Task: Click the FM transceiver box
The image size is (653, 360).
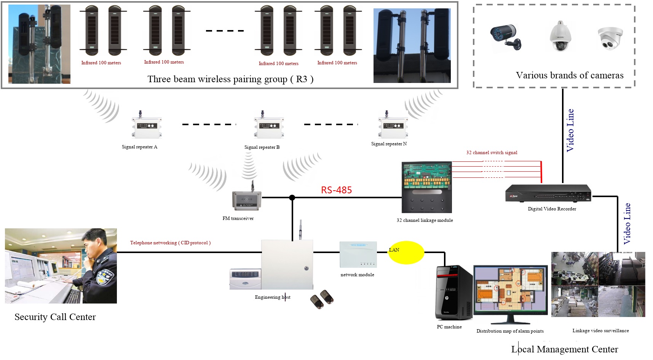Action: pos(247,201)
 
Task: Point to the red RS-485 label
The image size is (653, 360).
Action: pos(336,190)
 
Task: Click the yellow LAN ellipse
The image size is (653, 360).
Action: pos(406,253)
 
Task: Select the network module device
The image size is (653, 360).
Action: pos(358,254)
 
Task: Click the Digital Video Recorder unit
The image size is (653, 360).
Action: pos(548,194)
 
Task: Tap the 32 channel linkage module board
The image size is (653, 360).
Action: pos(427,186)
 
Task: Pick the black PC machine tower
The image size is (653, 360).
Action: pos(454,292)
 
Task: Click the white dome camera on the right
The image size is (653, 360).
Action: pos(610,38)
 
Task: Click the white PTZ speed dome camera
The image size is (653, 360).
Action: pos(560,37)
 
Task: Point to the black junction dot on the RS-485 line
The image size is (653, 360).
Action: pos(292,198)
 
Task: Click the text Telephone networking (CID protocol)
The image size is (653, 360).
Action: pos(170,243)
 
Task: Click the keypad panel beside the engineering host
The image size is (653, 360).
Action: pos(245,279)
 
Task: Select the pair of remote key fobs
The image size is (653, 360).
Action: pos(322,299)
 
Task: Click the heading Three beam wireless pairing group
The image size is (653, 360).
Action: pos(230,79)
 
